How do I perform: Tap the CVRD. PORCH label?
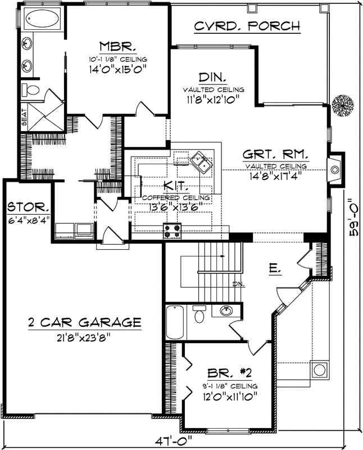tap(247, 26)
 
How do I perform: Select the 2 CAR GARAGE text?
tap(84, 322)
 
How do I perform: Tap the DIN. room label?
tap(213, 77)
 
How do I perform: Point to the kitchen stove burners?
tap(172, 228)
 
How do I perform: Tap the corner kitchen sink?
tap(201, 164)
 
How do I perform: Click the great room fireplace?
tap(335, 169)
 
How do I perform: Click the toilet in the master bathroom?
tap(31, 90)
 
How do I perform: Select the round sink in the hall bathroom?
tap(228, 312)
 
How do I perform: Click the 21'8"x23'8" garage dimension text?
tap(84, 337)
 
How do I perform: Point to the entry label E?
tap(275, 271)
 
